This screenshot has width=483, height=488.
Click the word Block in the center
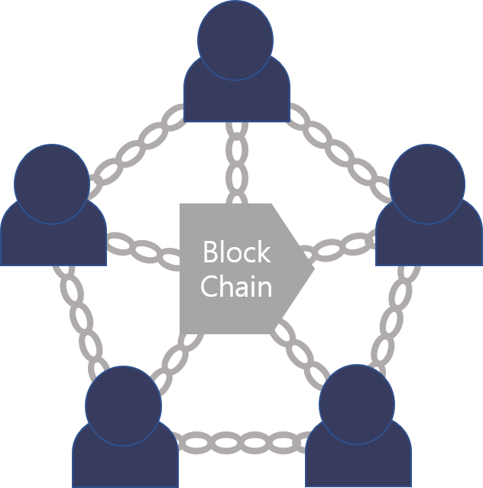tap(236, 252)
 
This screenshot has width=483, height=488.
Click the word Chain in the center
tap(236, 288)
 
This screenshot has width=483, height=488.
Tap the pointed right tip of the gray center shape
tap(312, 267)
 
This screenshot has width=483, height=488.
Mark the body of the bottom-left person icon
tap(125, 463)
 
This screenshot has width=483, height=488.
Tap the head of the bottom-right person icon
tap(356, 403)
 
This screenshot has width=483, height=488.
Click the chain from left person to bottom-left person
tap(79, 317)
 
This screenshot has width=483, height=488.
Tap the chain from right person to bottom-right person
tap(394, 317)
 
